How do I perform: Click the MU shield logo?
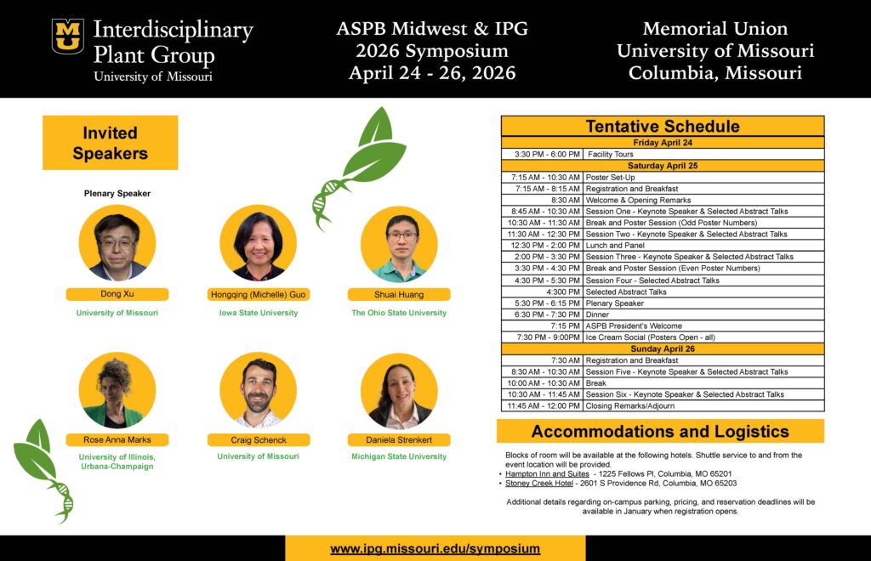[x=68, y=37]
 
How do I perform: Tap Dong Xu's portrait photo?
[x=117, y=243]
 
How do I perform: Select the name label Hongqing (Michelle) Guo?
[x=259, y=295]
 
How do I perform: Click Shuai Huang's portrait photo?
[x=399, y=244]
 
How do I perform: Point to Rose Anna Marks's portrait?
[x=117, y=390]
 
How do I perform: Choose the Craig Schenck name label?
[x=259, y=440]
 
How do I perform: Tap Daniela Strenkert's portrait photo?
[x=399, y=391]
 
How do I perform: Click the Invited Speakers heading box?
[x=110, y=143]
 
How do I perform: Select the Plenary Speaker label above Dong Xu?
[x=117, y=194]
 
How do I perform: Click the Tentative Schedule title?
[x=663, y=126]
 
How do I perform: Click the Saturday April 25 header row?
[x=663, y=166]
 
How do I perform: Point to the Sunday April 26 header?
[x=663, y=349]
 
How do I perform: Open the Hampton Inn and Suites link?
[x=547, y=474]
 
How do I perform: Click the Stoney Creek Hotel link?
[x=538, y=484]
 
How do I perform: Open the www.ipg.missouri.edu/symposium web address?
[x=435, y=549]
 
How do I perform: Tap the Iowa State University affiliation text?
[x=259, y=313]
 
